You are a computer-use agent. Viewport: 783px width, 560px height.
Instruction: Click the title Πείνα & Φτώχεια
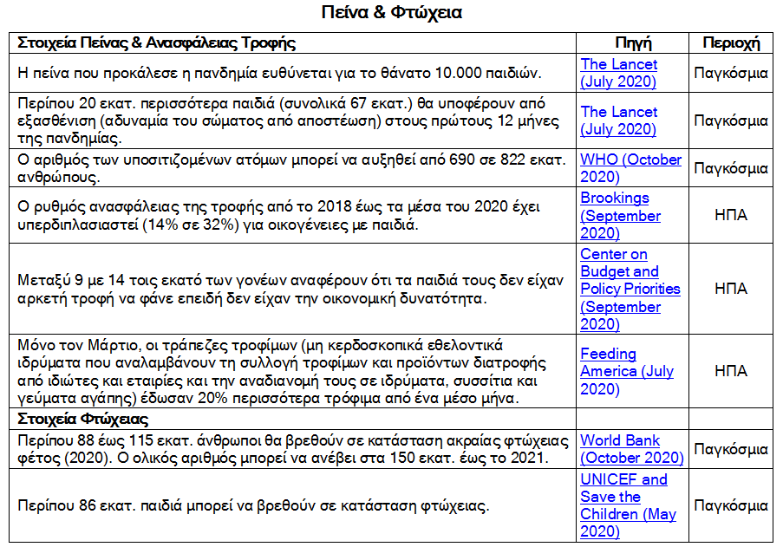(391, 13)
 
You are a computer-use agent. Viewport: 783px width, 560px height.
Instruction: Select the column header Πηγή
(633, 42)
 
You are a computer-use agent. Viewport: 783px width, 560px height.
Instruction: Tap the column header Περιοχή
(730, 42)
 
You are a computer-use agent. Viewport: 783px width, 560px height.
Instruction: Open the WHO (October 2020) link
(630, 168)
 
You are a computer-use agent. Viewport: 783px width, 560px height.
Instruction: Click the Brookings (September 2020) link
(619, 216)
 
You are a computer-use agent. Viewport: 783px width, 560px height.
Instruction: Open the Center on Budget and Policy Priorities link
(630, 289)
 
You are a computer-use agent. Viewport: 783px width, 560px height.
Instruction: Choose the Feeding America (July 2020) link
(626, 371)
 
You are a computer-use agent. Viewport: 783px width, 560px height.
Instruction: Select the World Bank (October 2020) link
(631, 449)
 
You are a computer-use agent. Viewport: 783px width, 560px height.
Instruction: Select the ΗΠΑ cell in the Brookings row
(730, 216)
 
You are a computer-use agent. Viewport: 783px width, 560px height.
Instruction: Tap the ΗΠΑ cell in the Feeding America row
(730, 370)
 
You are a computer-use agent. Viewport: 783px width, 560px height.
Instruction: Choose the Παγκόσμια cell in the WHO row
(730, 168)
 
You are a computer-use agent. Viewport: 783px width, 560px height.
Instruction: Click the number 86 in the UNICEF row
(84, 505)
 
